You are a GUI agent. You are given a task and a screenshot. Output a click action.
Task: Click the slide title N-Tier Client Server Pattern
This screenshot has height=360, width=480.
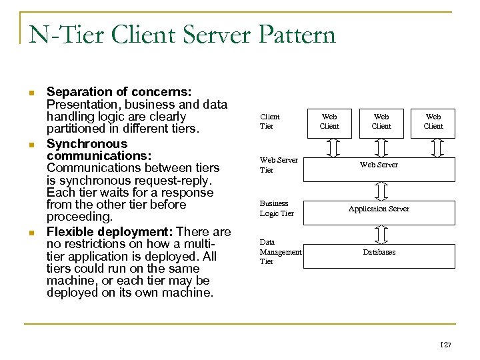coord(182,34)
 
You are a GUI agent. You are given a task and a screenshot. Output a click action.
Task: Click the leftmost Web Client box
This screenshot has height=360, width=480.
coord(329,121)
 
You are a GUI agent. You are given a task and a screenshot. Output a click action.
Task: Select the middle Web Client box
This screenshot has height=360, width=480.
coord(381,121)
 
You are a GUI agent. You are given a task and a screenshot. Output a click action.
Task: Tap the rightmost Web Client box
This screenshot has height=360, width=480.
coord(433,121)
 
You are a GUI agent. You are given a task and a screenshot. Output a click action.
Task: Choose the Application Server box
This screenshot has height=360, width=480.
coord(379,209)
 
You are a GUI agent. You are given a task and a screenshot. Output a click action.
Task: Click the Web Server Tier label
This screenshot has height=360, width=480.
coord(278,165)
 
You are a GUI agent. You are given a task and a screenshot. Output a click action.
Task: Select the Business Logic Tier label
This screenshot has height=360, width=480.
coord(276,209)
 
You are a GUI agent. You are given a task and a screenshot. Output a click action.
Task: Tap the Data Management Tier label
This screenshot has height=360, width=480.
coord(280,252)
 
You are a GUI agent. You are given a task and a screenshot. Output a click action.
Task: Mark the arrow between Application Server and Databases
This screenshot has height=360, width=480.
coord(381,234)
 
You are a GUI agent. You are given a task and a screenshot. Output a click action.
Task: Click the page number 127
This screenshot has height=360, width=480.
coord(445,345)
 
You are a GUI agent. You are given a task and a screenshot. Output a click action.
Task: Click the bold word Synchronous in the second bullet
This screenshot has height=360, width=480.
coord(87,144)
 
